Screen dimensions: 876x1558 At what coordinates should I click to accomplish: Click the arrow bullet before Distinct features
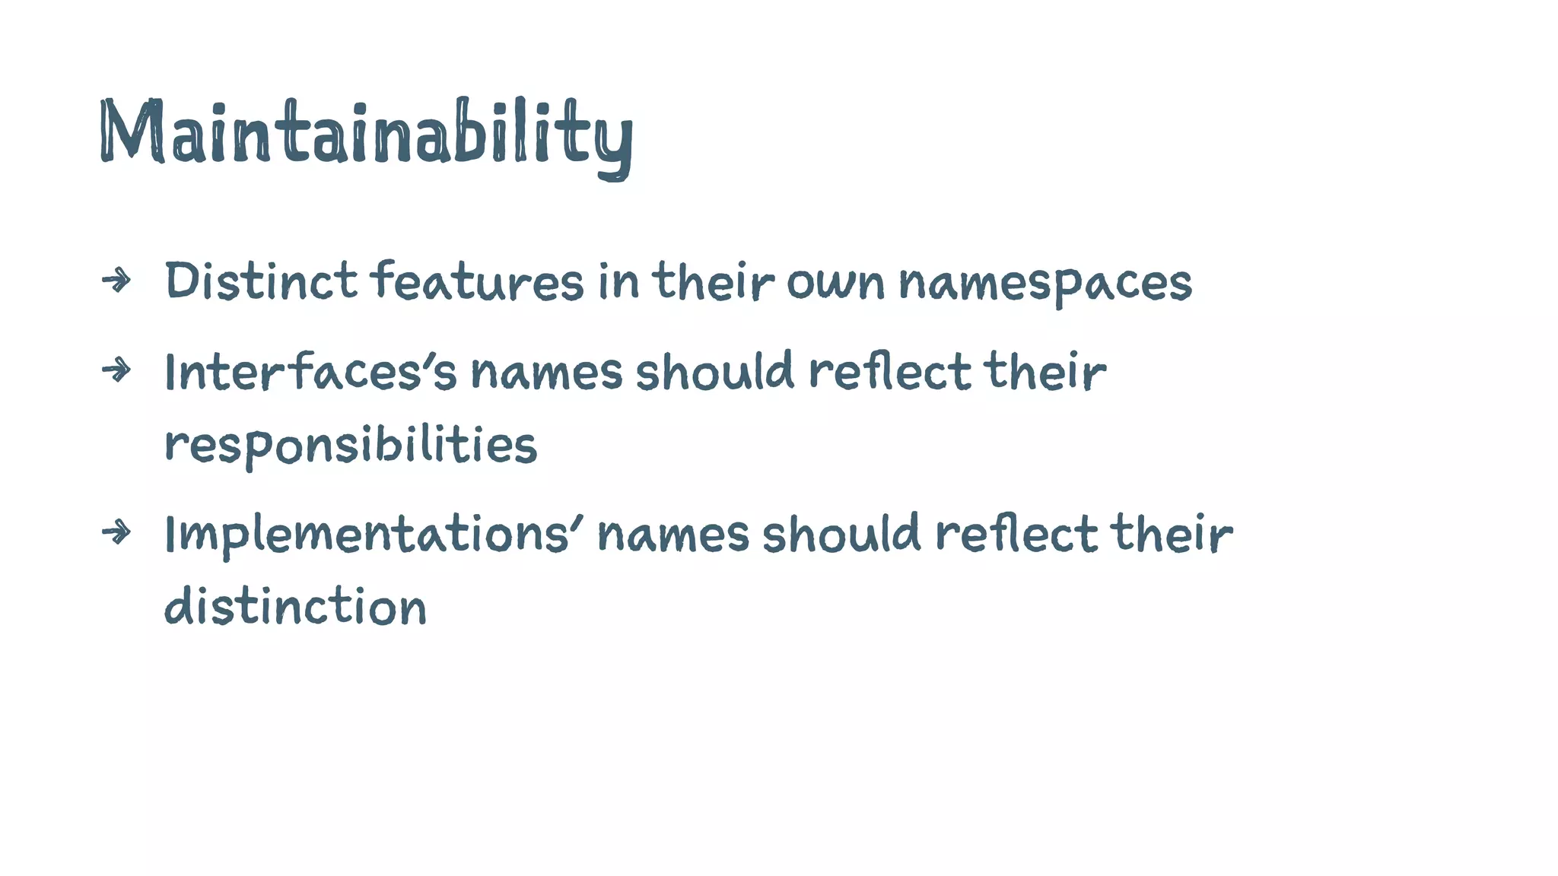tap(116, 281)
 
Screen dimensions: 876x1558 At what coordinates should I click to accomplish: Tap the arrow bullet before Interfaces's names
tap(116, 370)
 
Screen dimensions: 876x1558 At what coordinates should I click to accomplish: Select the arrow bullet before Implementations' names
tap(116, 532)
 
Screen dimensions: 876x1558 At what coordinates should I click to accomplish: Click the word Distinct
tap(261, 281)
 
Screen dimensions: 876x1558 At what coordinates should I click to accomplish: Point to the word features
tap(477, 281)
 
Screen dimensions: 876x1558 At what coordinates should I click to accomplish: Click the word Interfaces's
tap(310, 372)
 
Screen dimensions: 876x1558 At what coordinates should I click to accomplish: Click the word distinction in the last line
tap(295, 608)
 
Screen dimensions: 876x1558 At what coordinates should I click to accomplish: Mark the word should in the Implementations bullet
tap(841, 534)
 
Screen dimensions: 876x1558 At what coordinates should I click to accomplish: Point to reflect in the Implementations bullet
tap(1016, 534)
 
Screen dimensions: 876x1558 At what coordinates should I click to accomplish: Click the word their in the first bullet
tap(714, 281)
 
